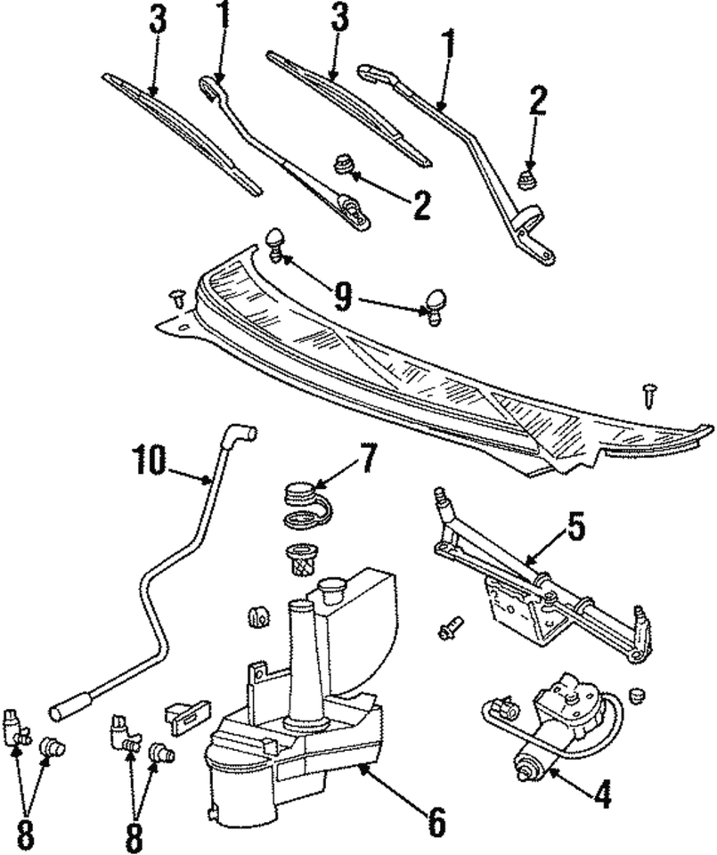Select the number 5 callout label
click(x=575, y=529)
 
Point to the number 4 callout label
click(x=603, y=794)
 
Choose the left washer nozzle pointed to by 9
click(x=276, y=243)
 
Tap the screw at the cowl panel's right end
click(x=648, y=392)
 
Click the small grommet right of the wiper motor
click(x=636, y=693)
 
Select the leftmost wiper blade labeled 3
click(x=181, y=134)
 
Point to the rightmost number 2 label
click(x=537, y=102)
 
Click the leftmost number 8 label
click(x=26, y=835)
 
